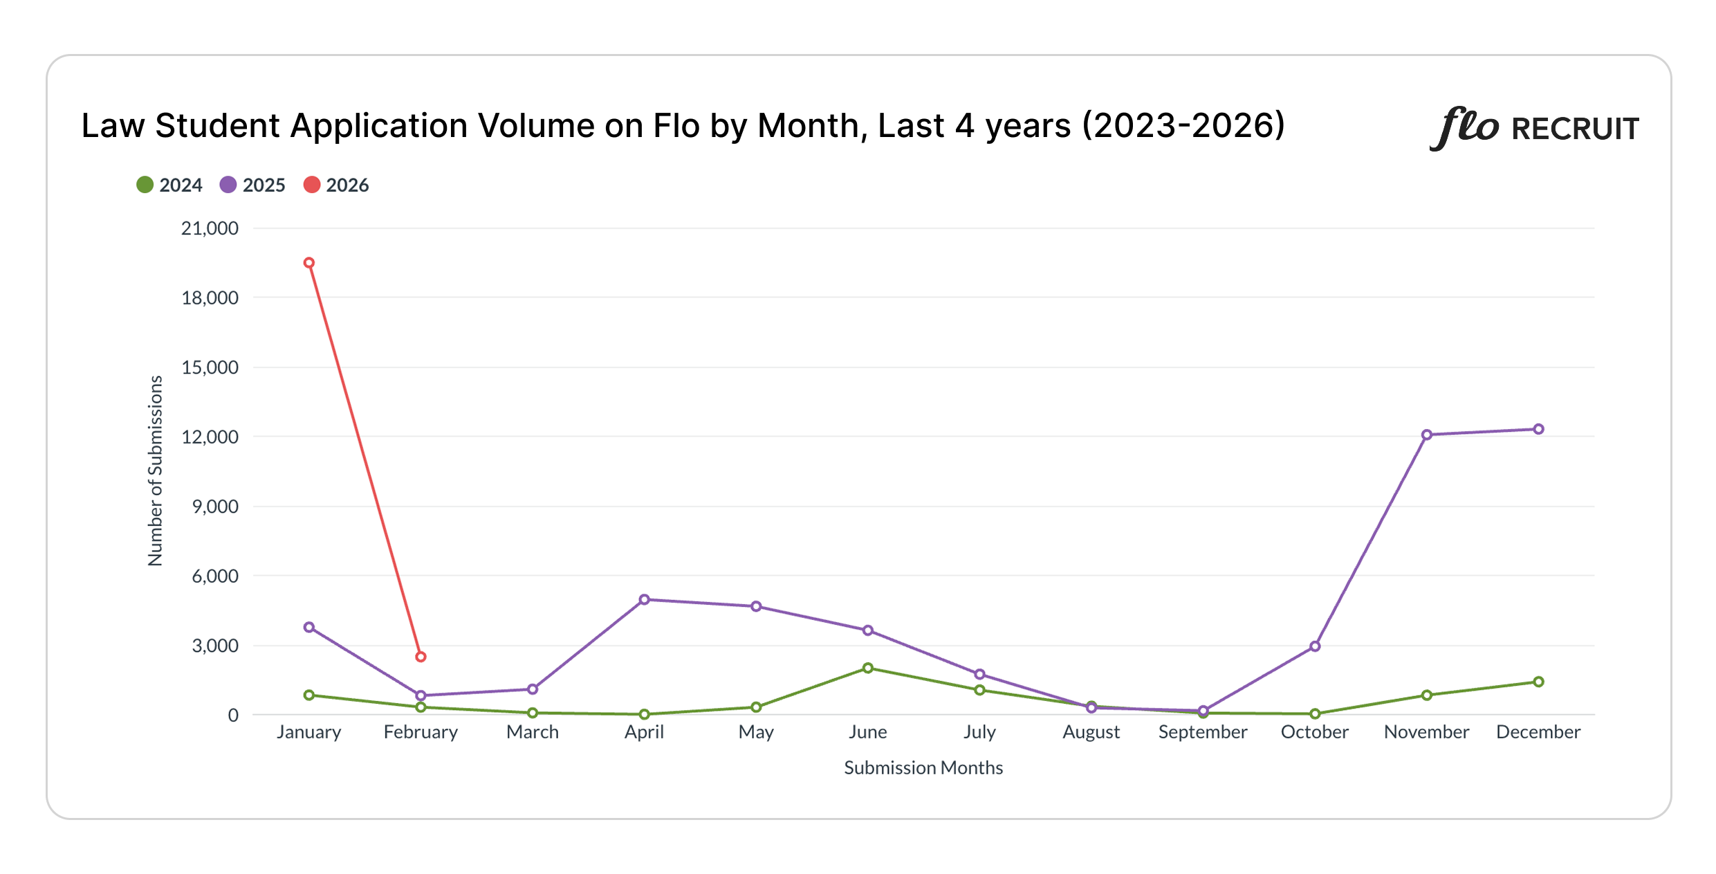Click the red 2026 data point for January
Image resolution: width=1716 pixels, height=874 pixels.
point(309,263)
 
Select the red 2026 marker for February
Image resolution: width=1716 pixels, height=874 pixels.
point(421,657)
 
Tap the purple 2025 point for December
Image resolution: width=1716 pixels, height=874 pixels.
point(1538,429)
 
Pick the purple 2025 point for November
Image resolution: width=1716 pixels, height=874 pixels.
point(1426,435)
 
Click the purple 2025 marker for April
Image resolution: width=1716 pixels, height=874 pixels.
point(644,599)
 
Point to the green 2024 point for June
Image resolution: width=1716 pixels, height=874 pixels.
point(867,668)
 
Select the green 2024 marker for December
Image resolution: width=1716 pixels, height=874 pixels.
point(1538,682)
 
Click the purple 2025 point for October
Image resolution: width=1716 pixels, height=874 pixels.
point(1315,646)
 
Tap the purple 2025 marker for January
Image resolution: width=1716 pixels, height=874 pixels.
point(309,627)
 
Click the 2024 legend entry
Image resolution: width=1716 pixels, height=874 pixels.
point(169,185)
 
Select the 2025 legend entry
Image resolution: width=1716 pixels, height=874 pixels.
point(252,185)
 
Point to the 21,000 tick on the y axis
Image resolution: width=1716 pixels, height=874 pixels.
point(210,228)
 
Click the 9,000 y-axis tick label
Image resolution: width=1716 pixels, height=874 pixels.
point(215,507)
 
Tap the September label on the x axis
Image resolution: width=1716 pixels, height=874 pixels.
point(1203,732)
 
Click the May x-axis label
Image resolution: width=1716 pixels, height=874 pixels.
point(755,732)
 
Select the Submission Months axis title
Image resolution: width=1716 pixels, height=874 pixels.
point(923,767)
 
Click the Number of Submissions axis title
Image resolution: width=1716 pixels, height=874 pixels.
point(156,471)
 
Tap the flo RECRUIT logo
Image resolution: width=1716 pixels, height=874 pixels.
point(1534,128)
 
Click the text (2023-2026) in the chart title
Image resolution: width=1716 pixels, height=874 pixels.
point(1183,126)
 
